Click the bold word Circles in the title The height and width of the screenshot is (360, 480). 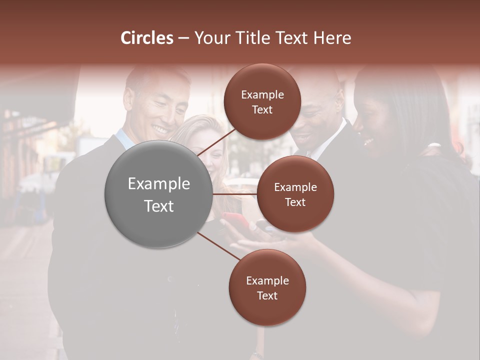tap(147, 38)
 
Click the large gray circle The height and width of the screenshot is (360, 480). tap(159, 194)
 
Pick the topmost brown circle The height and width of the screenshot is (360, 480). tap(262, 102)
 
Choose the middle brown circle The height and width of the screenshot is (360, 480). tap(295, 194)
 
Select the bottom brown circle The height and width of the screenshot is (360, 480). tap(267, 288)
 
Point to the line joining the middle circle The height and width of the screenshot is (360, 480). tap(235, 194)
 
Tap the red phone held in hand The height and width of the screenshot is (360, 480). tap(235, 220)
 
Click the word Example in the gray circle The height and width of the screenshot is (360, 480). tap(159, 184)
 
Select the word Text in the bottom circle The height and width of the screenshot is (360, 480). tap(267, 295)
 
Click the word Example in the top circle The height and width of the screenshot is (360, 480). tap(262, 95)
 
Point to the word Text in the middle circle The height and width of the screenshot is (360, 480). tap(295, 202)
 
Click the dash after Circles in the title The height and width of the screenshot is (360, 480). tap(183, 38)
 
